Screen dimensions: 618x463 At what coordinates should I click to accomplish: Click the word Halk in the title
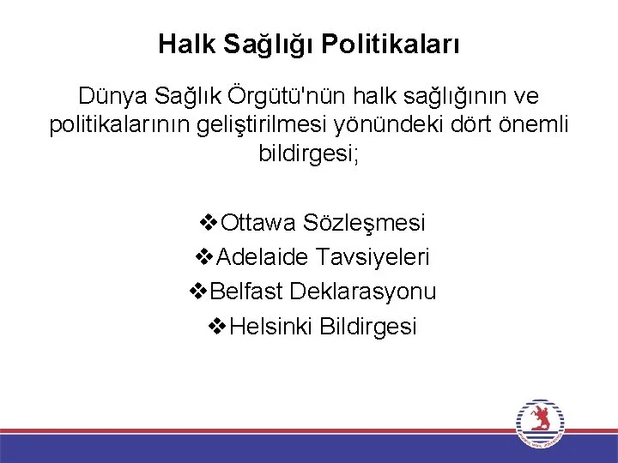187,44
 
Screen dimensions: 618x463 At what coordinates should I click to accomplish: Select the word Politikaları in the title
391,44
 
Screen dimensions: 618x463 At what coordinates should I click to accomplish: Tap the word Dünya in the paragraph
112,96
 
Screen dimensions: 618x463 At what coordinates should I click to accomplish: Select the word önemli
534,124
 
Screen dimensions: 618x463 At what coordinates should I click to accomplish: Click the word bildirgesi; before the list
309,153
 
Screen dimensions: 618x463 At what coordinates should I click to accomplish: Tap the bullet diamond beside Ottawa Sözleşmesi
209,222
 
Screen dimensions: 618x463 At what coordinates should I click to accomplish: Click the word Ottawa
257,222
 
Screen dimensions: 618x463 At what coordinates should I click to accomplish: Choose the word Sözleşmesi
364,223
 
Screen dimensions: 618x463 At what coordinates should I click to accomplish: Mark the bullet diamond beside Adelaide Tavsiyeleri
204,257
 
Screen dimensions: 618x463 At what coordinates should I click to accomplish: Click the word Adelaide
262,256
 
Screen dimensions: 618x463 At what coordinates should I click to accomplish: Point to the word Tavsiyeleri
373,257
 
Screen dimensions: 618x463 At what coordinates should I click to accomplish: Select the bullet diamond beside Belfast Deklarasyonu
198,292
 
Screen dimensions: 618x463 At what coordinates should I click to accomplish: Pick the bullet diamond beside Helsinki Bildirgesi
217,326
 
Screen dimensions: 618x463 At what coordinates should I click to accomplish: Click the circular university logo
540,424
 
